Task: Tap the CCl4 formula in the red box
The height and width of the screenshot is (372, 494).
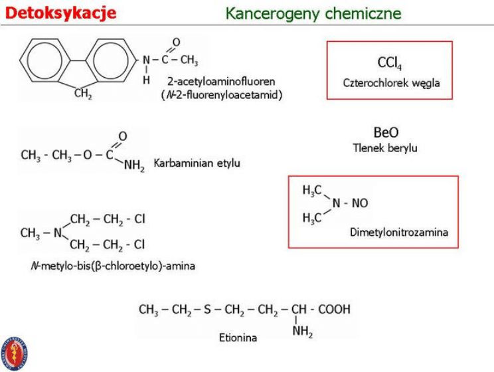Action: pyautogui.click(x=389, y=63)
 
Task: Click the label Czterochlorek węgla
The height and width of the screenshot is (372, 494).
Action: pyautogui.click(x=391, y=83)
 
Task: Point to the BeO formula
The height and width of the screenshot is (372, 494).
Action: pyautogui.click(x=386, y=133)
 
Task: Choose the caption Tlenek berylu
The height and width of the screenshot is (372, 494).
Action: pyautogui.click(x=385, y=148)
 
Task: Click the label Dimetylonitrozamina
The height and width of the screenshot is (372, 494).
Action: pyautogui.click(x=398, y=232)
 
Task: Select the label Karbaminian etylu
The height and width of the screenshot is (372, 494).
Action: pyautogui.click(x=197, y=163)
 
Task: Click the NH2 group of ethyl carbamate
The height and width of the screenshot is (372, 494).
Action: pyautogui.click(x=133, y=167)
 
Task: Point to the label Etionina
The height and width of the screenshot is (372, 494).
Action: pyautogui.click(x=238, y=337)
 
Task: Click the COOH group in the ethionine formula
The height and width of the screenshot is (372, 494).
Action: pyautogui.click(x=333, y=309)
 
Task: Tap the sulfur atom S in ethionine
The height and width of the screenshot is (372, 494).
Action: pyautogui.click(x=208, y=309)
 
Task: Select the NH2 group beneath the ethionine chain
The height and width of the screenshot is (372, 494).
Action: pyautogui.click(x=302, y=332)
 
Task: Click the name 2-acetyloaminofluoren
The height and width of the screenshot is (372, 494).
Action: pyautogui.click(x=221, y=81)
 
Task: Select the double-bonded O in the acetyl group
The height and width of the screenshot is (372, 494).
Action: pyautogui.click(x=176, y=43)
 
